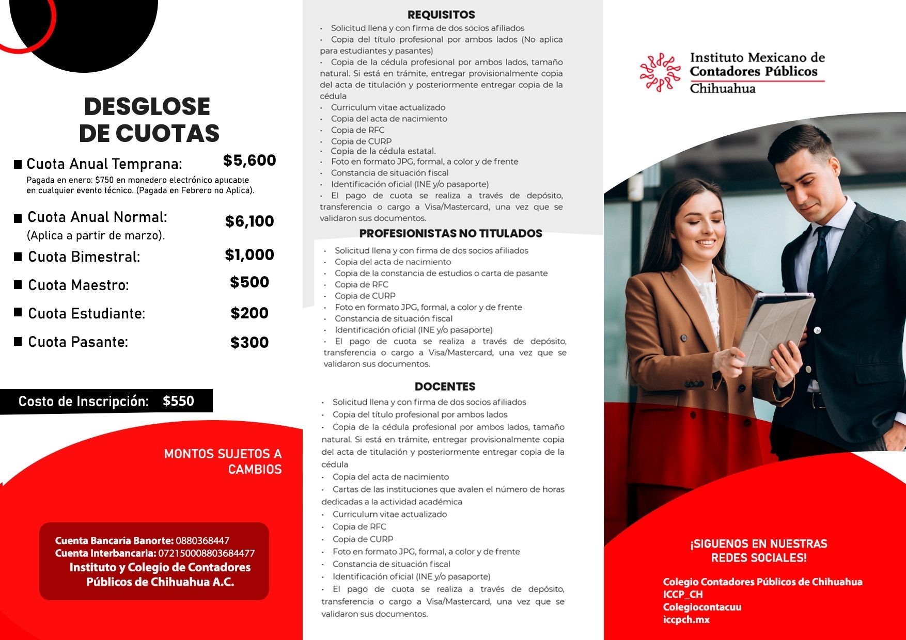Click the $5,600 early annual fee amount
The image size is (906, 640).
click(x=249, y=161)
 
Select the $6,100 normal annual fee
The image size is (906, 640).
click(x=249, y=221)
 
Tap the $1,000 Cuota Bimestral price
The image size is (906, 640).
click(x=249, y=255)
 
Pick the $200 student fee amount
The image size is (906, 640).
click(x=249, y=313)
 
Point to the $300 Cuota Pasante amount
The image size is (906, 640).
click(x=249, y=343)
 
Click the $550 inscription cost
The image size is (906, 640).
click(x=178, y=402)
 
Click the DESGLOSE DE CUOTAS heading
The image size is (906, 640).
click(x=149, y=120)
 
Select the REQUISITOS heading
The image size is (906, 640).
click(x=441, y=15)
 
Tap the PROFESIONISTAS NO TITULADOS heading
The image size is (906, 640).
click(x=450, y=234)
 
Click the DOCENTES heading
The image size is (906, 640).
click(x=445, y=387)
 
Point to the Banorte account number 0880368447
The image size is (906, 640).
click(x=202, y=541)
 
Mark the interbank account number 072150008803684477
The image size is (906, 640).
click(x=206, y=553)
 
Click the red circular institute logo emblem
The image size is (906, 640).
click(x=660, y=73)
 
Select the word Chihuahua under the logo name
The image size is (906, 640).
click(x=722, y=88)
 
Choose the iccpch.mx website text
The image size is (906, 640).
click(x=686, y=620)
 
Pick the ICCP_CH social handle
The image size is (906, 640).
click(x=683, y=595)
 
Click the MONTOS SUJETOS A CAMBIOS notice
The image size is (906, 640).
click(x=223, y=461)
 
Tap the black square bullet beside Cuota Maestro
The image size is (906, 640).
click(x=18, y=284)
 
